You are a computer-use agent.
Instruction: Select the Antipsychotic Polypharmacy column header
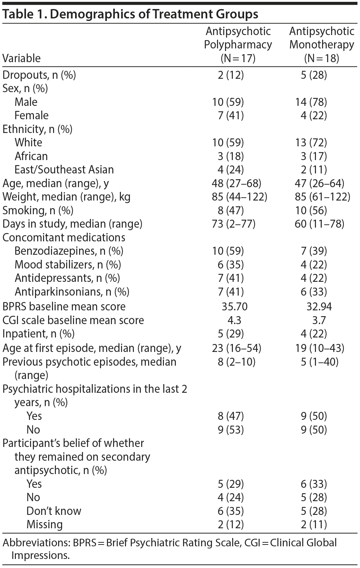pyautogui.click(x=238, y=44)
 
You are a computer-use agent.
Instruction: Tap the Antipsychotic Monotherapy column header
pyautogui.click(x=321, y=44)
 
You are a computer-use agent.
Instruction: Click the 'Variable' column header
pyautogui.click(x=21, y=58)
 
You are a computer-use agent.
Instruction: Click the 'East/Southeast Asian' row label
pyautogui.click(x=64, y=169)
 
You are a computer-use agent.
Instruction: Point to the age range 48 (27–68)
pyautogui.click(x=236, y=183)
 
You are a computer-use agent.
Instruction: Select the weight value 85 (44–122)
pyautogui.click(x=239, y=197)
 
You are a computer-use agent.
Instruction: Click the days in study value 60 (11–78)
pyautogui.click(x=319, y=224)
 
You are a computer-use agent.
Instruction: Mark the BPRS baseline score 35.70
pyautogui.click(x=234, y=307)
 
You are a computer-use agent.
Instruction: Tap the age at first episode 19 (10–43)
pyautogui.click(x=319, y=348)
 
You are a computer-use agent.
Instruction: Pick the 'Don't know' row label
pyautogui.click(x=54, y=511)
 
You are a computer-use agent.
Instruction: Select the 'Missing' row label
pyautogui.click(x=44, y=524)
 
